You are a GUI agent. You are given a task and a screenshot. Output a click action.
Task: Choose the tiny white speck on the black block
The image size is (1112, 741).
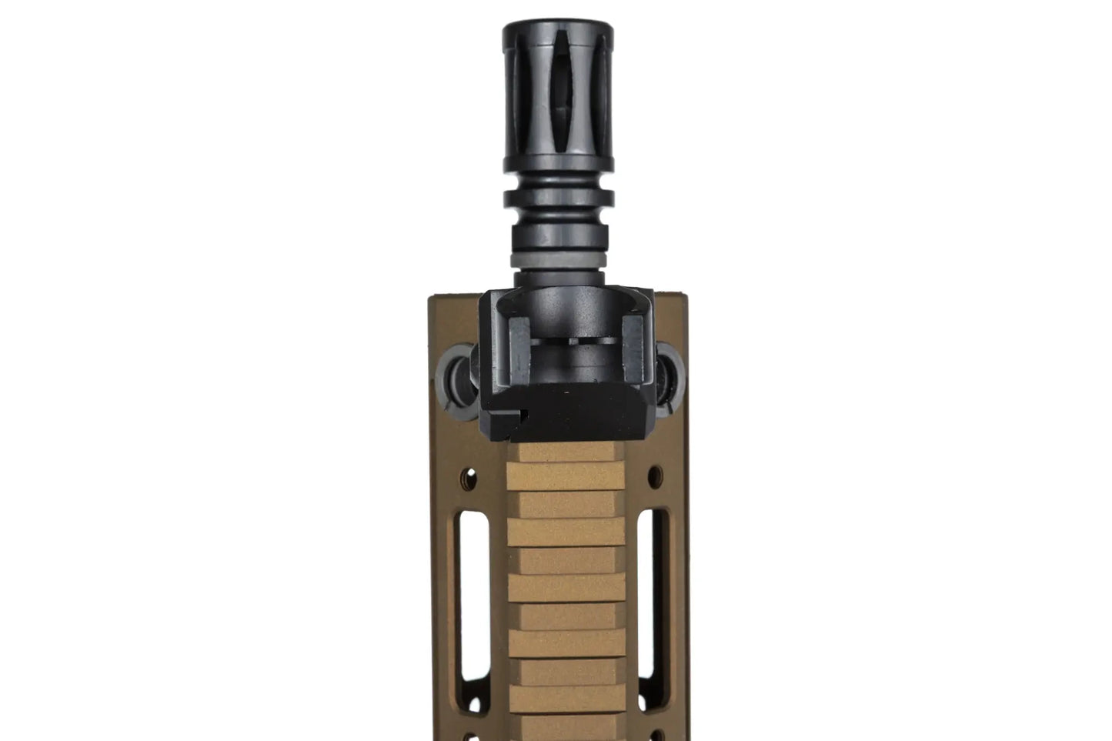(x=569, y=392)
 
